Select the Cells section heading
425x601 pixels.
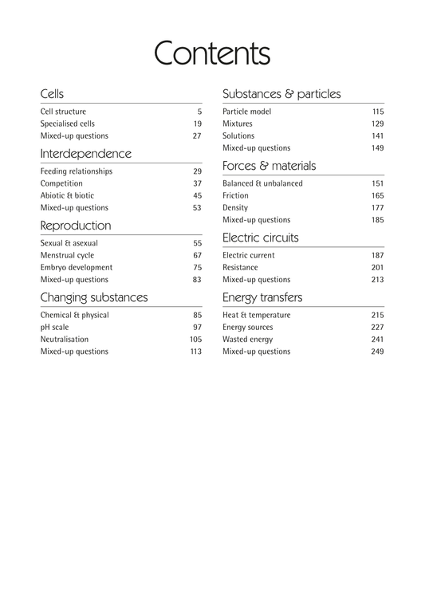click(52, 94)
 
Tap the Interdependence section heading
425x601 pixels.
click(85, 153)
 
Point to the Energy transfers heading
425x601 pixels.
click(262, 297)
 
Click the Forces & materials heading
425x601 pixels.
click(269, 166)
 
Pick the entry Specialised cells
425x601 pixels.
click(67, 124)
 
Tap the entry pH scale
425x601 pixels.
click(56, 328)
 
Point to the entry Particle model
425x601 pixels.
click(246, 112)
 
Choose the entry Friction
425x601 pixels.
click(235, 195)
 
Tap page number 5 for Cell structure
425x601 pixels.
click(199, 112)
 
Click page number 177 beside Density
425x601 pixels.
click(377, 207)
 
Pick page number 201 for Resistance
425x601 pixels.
click(377, 268)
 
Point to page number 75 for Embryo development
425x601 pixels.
click(197, 268)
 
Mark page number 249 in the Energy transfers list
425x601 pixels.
click(377, 352)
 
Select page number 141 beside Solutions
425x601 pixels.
click(377, 136)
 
